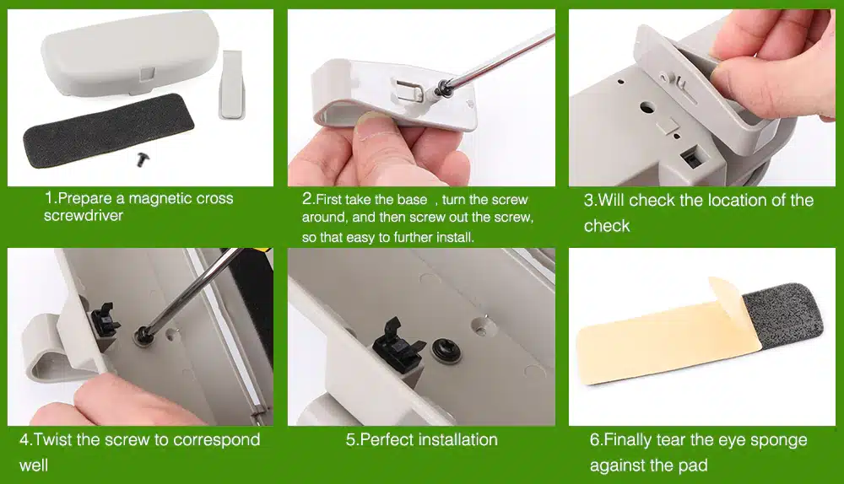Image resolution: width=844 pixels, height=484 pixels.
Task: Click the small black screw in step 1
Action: (x=143, y=159)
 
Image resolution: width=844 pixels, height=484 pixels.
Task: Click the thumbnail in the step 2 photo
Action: (x=371, y=121)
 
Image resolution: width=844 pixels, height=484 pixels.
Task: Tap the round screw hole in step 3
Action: (x=648, y=107)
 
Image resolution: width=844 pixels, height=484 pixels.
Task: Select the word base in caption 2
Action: (x=412, y=200)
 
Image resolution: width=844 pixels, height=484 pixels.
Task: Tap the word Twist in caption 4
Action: (x=52, y=439)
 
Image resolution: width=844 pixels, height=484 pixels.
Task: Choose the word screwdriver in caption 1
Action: (x=84, y=216)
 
